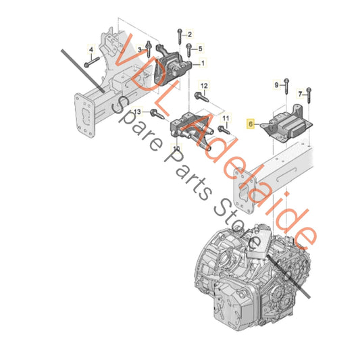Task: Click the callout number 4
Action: [91, 49]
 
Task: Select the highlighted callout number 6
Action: [251, 124]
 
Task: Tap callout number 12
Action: [204, 86]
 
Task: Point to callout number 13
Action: [137, 112]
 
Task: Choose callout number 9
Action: [276, 85]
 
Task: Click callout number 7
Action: [300, 94]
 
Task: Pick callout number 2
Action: [190, 34]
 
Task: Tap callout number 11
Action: [226, 118]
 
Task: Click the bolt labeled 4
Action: [92, 61]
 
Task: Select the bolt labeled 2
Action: [180, 36]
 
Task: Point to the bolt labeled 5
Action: [188, 50]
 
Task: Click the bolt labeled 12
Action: [201, 97]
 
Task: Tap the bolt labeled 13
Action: [157, 114]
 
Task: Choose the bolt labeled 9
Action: [286, 86]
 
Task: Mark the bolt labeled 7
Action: [309, 95]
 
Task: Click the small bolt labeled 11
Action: [224, 130]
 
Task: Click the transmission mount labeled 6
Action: [288, 124]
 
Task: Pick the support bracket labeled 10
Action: [192, 130]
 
